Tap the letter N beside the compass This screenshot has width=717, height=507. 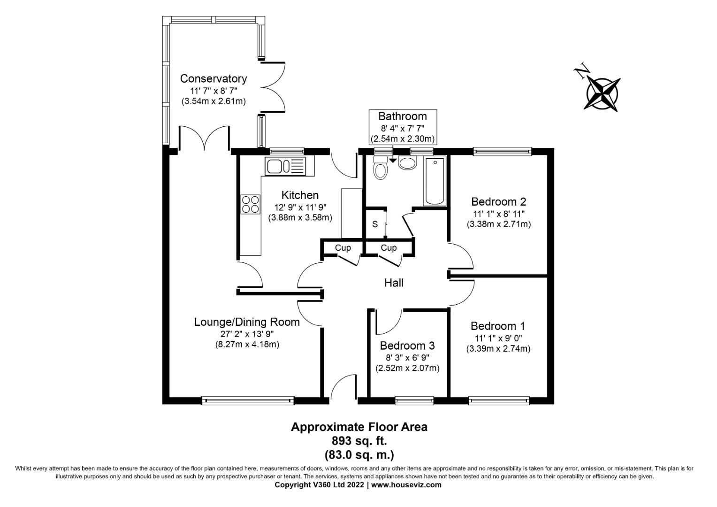(x=582, y=72)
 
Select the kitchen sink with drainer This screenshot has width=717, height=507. (x=285, y=166)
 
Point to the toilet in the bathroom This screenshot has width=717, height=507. (x=380, y=168)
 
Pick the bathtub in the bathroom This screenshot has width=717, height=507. (x=434, y=181)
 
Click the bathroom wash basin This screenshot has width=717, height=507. (x=407, y=163)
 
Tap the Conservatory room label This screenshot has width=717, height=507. (x=213, y=78)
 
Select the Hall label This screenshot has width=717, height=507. (x=394, y=283)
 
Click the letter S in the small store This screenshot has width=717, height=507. (x=375, y=224)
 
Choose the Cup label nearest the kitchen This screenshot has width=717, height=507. (x=343, y=248)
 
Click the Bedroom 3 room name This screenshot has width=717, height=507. (x=407, y=346)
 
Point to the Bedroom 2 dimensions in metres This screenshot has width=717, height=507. (x=498, y=224)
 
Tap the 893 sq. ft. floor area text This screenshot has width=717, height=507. (x=359, y=441)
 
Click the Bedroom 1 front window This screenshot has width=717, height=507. (x=498, y=400)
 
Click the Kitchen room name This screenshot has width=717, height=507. (x=300, y=195)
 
